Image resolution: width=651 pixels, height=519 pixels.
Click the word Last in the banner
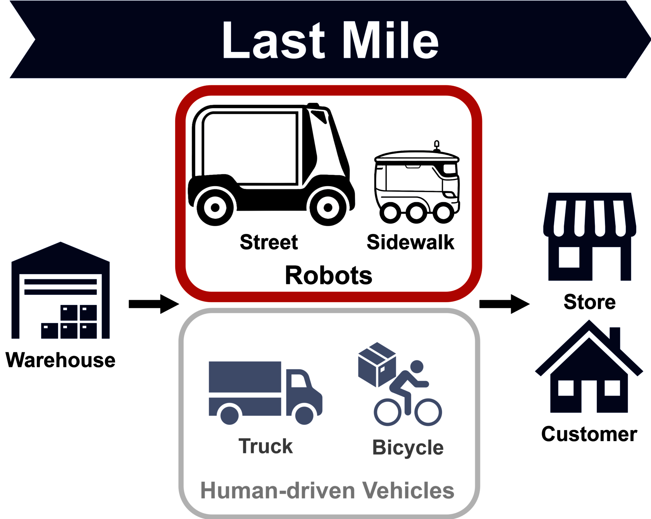click(273, 40)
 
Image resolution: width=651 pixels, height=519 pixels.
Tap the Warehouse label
click(60, 360)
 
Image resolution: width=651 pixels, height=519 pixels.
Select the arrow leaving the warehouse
click(154, 304)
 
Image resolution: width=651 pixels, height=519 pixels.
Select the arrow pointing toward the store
click(505, 304)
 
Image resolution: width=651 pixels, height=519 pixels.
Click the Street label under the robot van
click(269, 242)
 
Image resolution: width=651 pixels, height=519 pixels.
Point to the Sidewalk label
click(410, 242)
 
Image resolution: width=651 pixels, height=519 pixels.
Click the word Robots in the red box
click(329, 275)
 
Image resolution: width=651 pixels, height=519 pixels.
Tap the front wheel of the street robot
click(328, 208)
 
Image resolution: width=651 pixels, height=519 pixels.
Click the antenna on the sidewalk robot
click(437, 146)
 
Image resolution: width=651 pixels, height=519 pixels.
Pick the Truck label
click(266, 446)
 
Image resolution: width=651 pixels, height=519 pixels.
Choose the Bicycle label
click(408, 448)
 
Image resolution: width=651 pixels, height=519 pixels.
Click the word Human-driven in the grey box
click(277, 490)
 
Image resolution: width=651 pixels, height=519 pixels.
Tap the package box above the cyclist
click(377, 365)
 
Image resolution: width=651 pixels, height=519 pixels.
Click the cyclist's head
click(417, 367)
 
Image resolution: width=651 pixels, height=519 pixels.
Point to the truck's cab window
click(298, 381)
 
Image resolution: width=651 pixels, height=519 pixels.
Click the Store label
click(590, 302)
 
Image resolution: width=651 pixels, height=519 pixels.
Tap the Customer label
click(589, 434)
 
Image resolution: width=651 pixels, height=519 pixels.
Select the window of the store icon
click(569, 257)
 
